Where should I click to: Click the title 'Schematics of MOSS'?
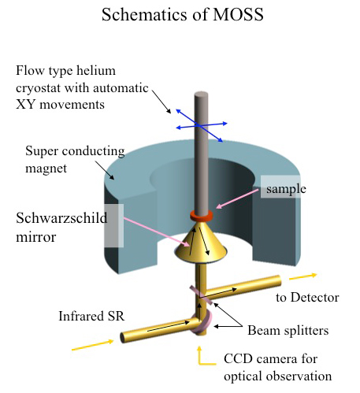183,14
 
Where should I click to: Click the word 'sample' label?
286,189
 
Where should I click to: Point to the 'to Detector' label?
307,298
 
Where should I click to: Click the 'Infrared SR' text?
91,316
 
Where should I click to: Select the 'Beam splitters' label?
288,330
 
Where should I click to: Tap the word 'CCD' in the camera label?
238,358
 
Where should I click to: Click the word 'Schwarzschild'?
61,218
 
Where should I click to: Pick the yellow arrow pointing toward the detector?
303,276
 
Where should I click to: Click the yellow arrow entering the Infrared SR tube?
92,345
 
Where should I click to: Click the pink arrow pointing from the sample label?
237,198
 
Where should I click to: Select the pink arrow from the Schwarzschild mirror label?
157,232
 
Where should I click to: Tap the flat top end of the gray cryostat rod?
202,95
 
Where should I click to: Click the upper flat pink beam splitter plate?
201,295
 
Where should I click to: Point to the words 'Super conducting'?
75,151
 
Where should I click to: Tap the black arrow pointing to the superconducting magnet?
105,170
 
